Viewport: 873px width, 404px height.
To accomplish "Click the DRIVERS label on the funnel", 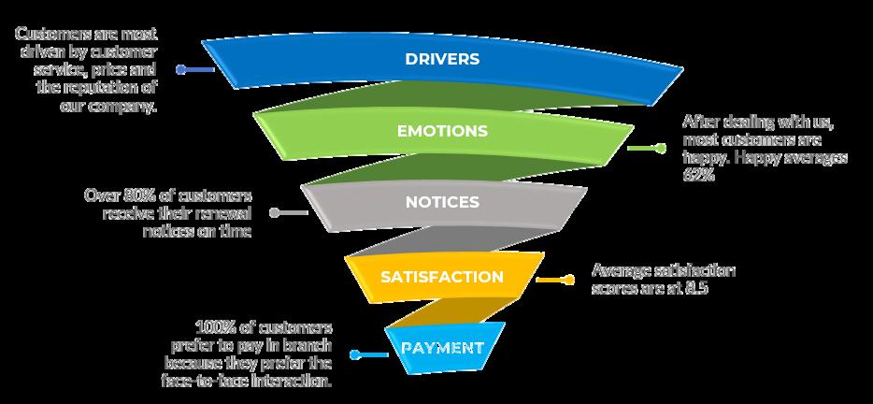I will click(x=442, y=59).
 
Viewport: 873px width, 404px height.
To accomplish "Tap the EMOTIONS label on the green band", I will click(x=442, y=131).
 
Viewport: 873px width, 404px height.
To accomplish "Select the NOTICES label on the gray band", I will click(x=442, y=202).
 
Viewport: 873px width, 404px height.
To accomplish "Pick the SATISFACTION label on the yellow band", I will click(x=442, y=277).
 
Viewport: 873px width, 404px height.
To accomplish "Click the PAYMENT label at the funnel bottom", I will click(x=442, y=348).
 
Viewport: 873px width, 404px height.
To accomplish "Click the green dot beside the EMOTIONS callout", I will click(x=661, y=148).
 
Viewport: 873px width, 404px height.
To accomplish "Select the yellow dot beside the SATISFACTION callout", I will click(x=567, y=279).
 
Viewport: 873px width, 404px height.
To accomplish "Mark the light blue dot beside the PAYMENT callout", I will click(x=355, y=353).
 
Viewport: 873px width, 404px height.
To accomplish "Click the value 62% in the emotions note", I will click(x=700, y=175).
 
